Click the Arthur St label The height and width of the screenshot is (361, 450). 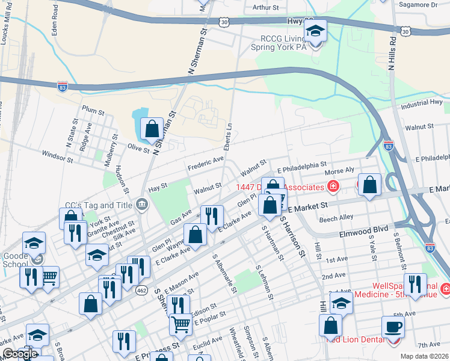point(266,8)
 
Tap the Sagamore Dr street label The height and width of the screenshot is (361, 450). point(419,4)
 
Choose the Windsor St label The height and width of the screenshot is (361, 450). point(57,157)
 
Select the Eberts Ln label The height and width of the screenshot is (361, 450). point(229,131)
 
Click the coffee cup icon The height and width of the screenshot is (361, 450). point(393,327)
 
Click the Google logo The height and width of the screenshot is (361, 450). point(20,354)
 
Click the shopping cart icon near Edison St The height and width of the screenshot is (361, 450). point(180,325)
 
